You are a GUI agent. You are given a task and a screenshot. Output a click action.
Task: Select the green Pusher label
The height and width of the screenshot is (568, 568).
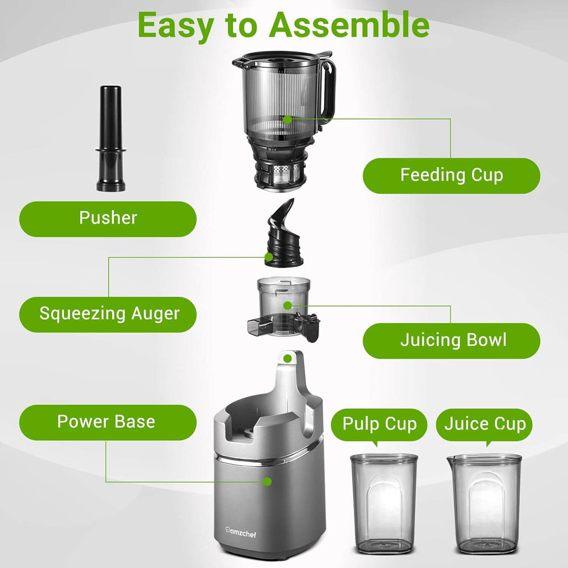108,218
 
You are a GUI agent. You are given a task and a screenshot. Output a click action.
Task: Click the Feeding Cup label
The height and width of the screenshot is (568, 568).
452,175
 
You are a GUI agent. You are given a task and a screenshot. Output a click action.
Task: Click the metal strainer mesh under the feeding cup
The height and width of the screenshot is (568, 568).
282,173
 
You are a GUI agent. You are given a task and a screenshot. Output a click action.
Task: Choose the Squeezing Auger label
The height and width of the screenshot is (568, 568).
108,314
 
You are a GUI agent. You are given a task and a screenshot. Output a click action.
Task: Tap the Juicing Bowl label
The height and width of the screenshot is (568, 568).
452,340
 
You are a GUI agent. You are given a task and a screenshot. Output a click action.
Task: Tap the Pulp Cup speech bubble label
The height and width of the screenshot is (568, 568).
379,424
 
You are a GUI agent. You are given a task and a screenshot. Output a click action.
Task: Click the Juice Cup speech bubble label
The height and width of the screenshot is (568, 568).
485,424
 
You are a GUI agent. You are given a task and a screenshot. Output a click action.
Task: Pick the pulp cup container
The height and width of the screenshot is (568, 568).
383,503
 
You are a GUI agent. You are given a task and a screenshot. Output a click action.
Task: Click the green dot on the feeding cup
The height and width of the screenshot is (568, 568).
288,119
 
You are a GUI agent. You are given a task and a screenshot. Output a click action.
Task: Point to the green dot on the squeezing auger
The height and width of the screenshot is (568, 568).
269,257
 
